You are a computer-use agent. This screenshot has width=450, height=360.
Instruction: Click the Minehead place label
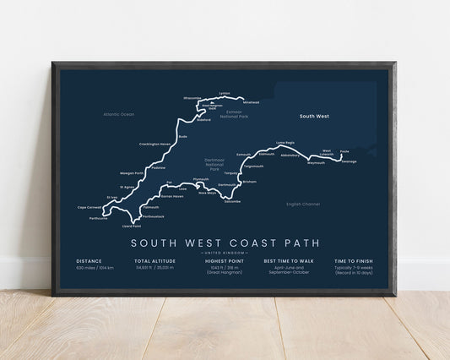(251, 102)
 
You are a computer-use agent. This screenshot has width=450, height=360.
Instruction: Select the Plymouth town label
(200, 179)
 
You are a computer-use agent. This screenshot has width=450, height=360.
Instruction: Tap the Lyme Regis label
(286, 144)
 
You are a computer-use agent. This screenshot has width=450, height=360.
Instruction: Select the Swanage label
(349, 161)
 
